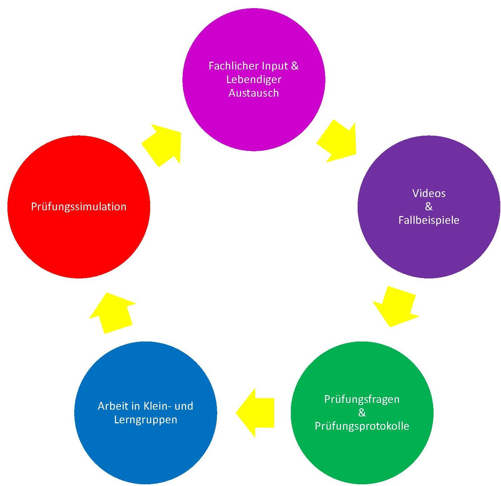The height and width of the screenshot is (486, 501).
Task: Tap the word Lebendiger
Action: click(254, 79)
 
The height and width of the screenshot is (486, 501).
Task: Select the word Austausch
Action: click(254, 93)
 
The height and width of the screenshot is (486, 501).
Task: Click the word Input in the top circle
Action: click(270, 66)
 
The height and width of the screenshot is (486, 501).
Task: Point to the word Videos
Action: click(429, 193)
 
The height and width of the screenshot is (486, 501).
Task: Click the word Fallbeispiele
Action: click(429, 220)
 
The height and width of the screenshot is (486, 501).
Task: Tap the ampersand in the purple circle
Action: click(429, 207)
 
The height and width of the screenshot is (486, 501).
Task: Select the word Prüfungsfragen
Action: click(362, 399)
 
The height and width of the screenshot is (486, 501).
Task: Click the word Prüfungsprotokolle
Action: click(362, 426)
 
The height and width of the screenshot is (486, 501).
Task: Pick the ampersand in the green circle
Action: click(362, 413)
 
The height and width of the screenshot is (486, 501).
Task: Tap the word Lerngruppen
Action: click(145, 420)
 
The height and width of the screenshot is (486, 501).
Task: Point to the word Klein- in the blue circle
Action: click(157, 406)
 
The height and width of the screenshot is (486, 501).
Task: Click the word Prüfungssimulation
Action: click(79, 207)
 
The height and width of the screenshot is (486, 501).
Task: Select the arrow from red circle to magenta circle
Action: click(163, 144)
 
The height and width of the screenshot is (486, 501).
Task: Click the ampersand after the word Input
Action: click(295, 66)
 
